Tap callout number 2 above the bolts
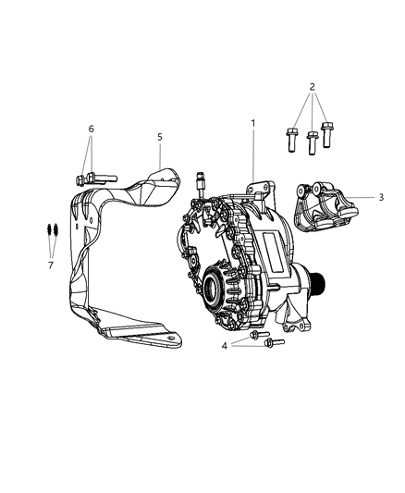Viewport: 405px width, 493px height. [313, 87]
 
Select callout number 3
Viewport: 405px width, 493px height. [382, 197]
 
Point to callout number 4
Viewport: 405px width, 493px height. [224, 347]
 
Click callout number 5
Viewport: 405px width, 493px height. [159, 137]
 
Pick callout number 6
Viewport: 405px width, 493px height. [91, 129]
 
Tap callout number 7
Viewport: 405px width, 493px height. [51, 265]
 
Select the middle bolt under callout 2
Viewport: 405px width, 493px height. [313, 143]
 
